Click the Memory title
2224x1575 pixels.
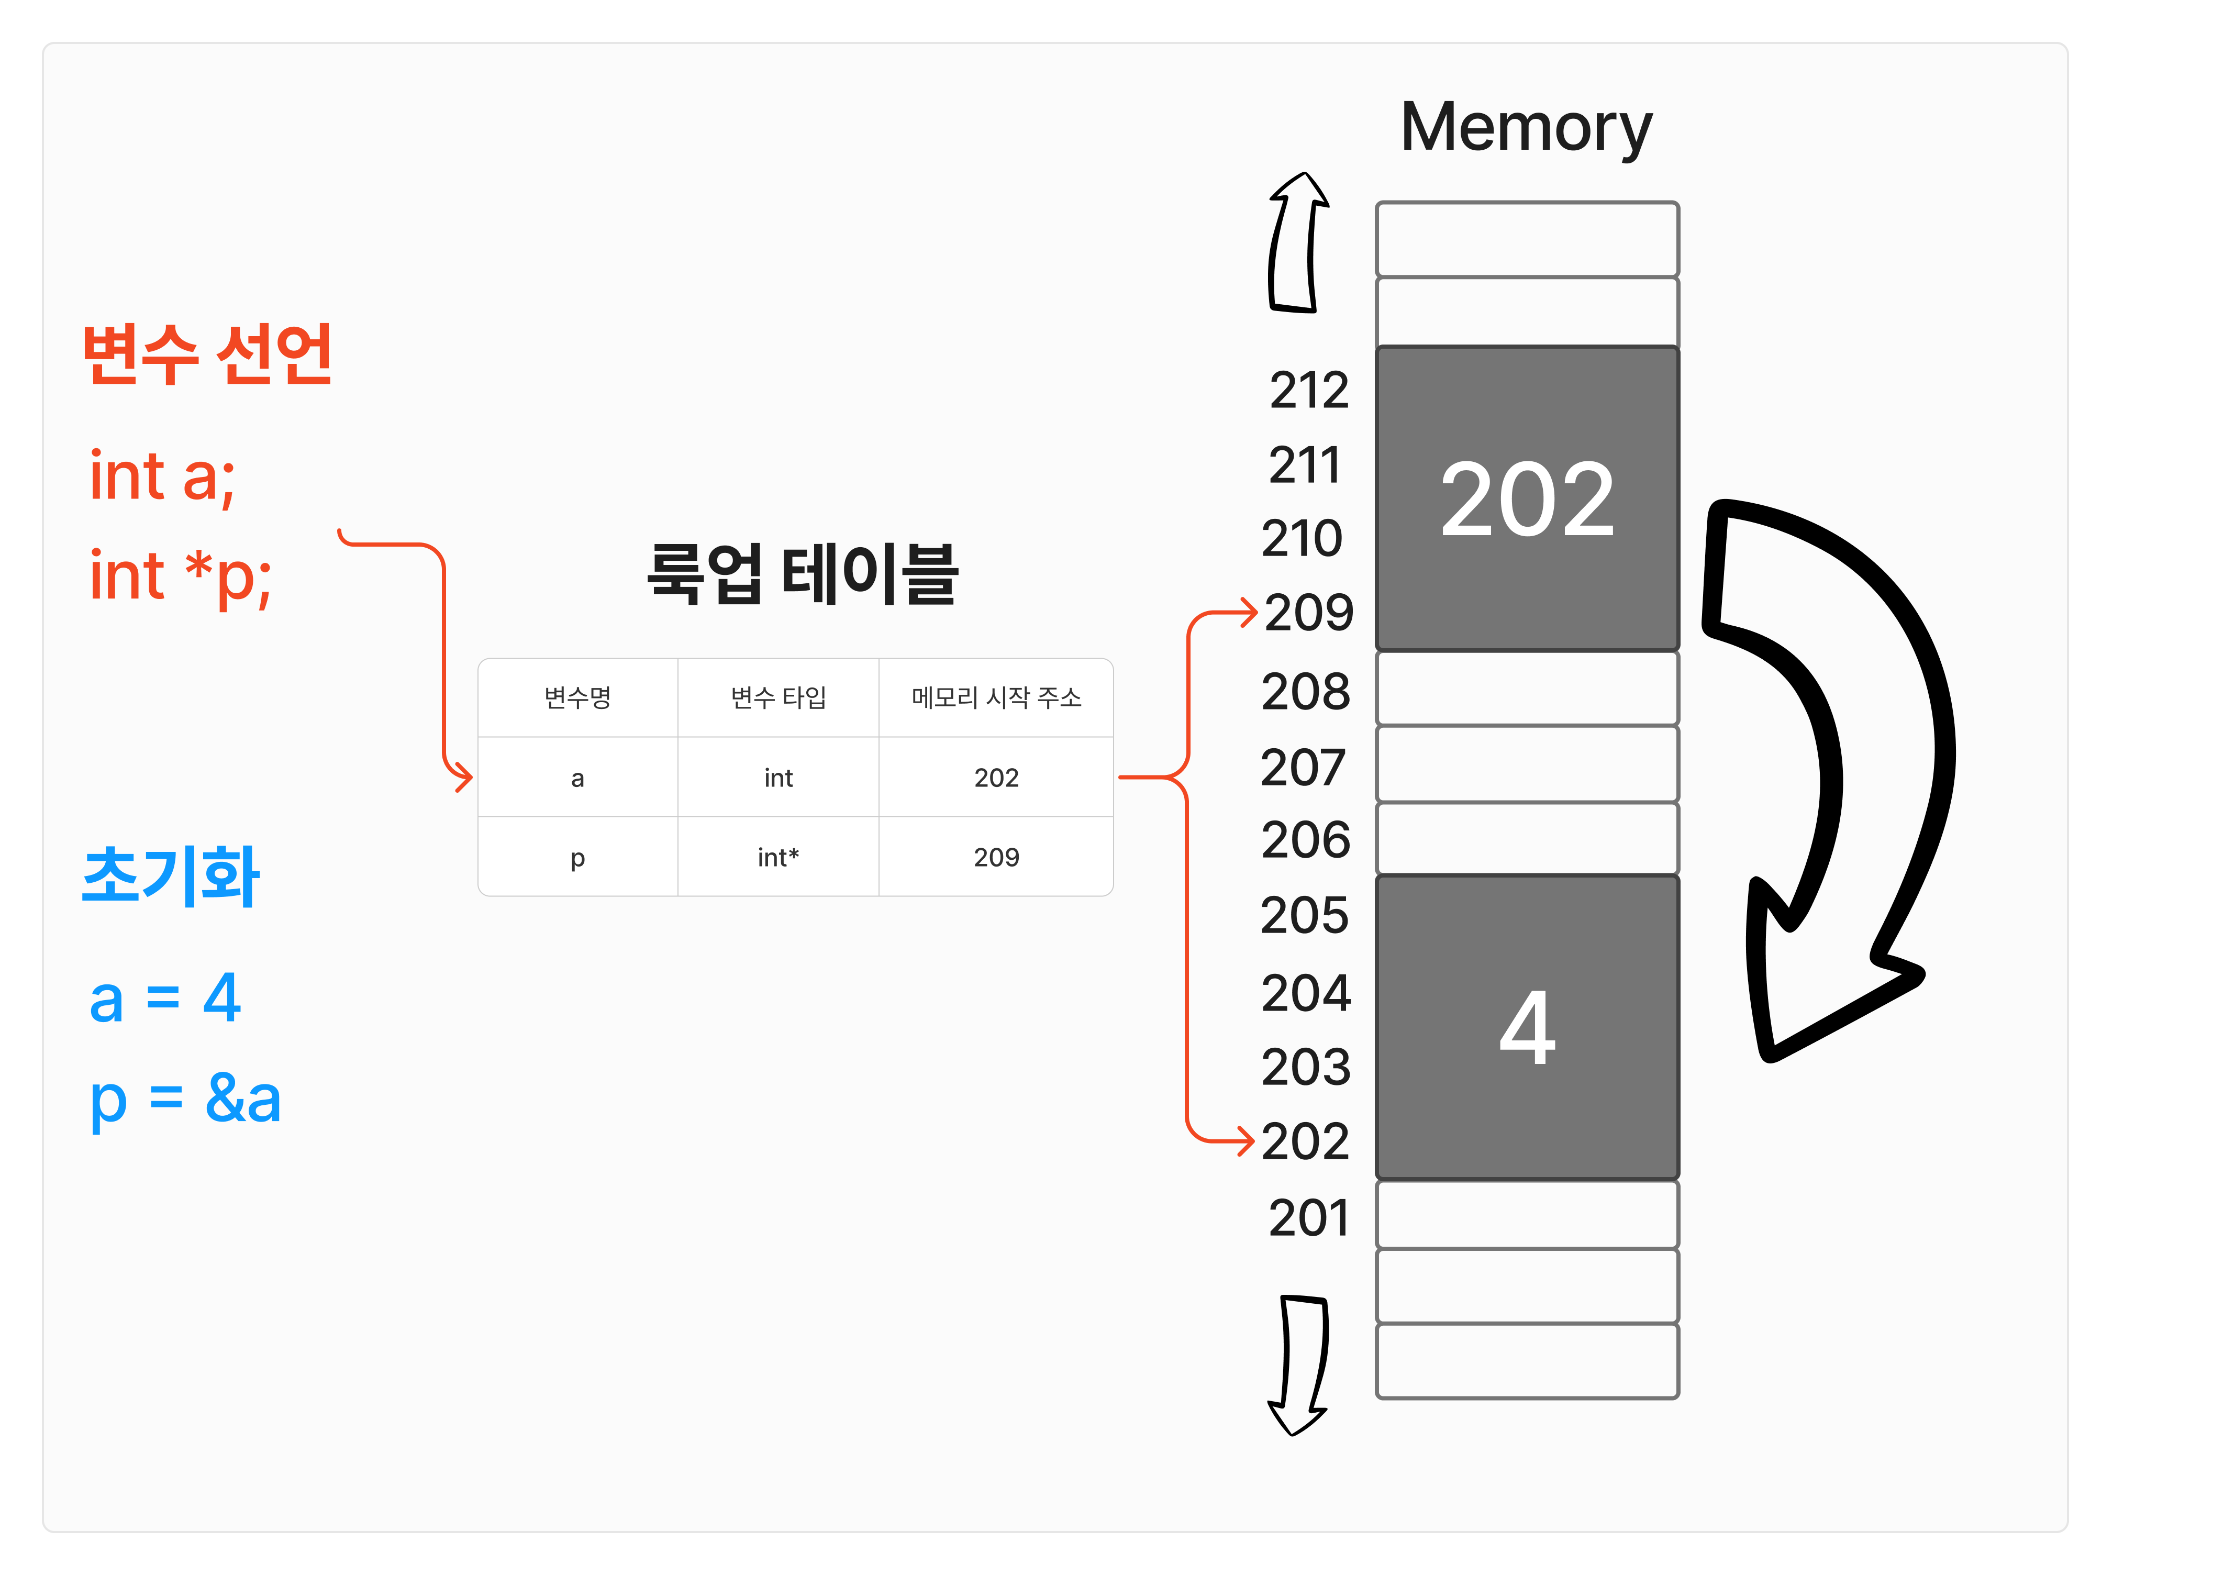coord(1526,128)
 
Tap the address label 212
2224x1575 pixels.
coord(1309,391)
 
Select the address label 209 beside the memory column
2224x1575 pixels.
coord(1309,613)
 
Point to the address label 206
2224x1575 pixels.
coord(1306,840)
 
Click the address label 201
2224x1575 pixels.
coord(1309,1218)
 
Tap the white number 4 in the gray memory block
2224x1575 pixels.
coord(1527,1028)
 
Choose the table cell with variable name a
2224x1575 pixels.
coord(578,778)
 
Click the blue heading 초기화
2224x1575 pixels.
coord(171,877)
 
